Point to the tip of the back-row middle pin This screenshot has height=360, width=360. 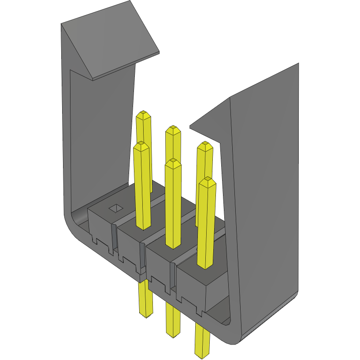(x=172, y=129)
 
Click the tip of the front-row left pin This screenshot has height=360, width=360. (x=141, y=145)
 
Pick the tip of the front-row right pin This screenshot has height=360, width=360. (x=206, y=181)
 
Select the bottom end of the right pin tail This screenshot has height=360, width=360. (x=202, y=353)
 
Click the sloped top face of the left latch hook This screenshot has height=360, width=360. (x=110, y=44)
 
